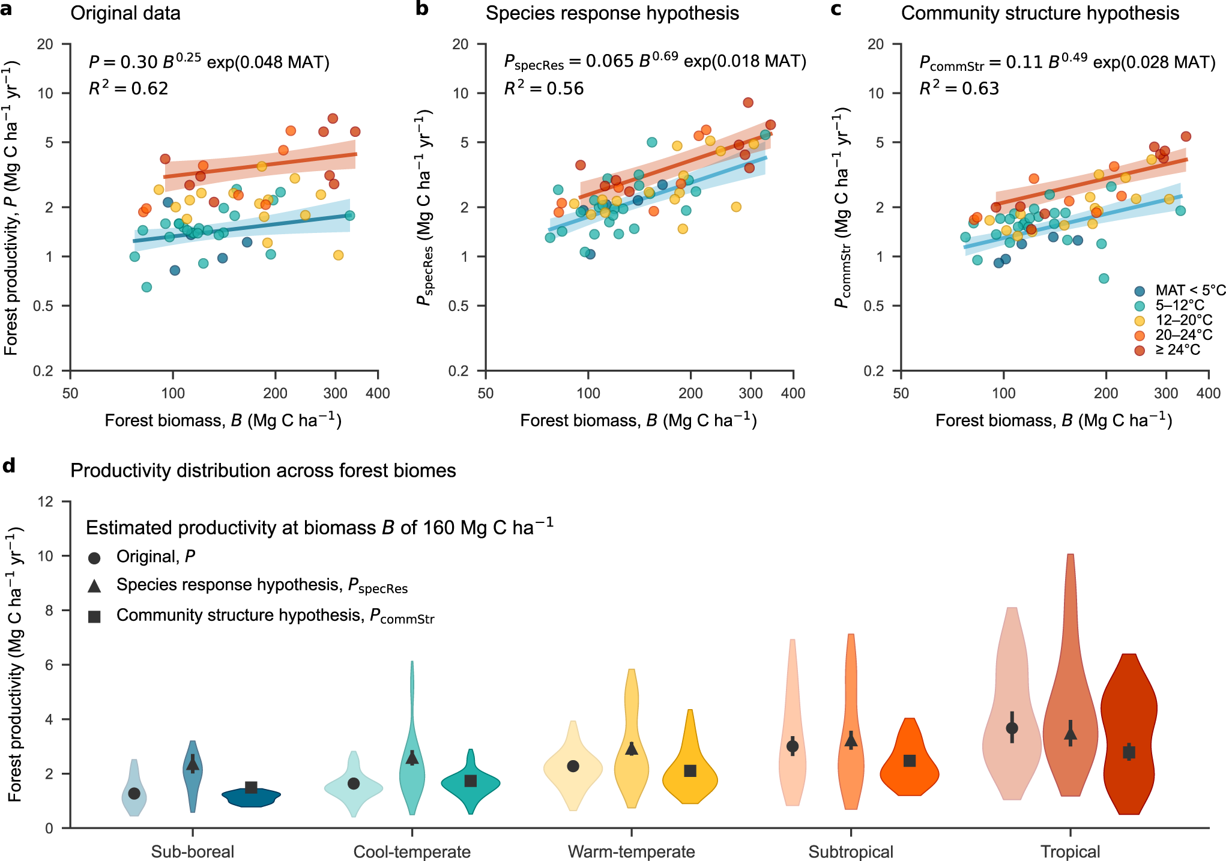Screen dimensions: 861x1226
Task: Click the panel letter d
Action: click(x=8, y=465)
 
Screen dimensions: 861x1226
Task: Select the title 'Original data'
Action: click(x=125, y=13)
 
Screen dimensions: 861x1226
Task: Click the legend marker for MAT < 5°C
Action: click(x=1140, y=291)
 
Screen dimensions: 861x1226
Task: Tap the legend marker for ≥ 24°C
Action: click(x=1140, y=350)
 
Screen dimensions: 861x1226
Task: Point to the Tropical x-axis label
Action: click(x=1070, y=851)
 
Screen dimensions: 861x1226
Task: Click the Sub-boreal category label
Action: click(x=192, y=851)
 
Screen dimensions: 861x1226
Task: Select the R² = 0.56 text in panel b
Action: click(x=543, y=88)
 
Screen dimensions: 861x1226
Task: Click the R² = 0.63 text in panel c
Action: click(x=959, y=88)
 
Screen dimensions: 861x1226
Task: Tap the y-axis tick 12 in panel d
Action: click(x=46, y=501)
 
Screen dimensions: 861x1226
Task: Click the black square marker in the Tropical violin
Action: click(x=1129, y=752)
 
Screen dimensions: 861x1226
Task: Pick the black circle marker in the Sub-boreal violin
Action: click(x=134, y=793)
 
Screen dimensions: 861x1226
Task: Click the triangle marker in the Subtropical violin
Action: click(x=851, y=741)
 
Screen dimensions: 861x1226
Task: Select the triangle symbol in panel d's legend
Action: click(x=94, y=586)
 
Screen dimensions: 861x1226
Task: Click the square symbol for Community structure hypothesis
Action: click(x=94, y=617)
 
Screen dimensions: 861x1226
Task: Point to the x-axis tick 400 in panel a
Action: click(x=378, y=393)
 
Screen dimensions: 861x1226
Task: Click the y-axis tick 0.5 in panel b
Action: click(x=460, y=306)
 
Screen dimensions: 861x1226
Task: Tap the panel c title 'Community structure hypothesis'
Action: click(x=1040, y=13)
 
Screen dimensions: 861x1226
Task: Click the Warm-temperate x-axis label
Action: click(x=631, y=851)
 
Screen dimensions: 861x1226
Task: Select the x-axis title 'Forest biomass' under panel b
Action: click(x=638, y=420)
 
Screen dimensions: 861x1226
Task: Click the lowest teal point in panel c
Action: click(x=1104, y=278)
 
